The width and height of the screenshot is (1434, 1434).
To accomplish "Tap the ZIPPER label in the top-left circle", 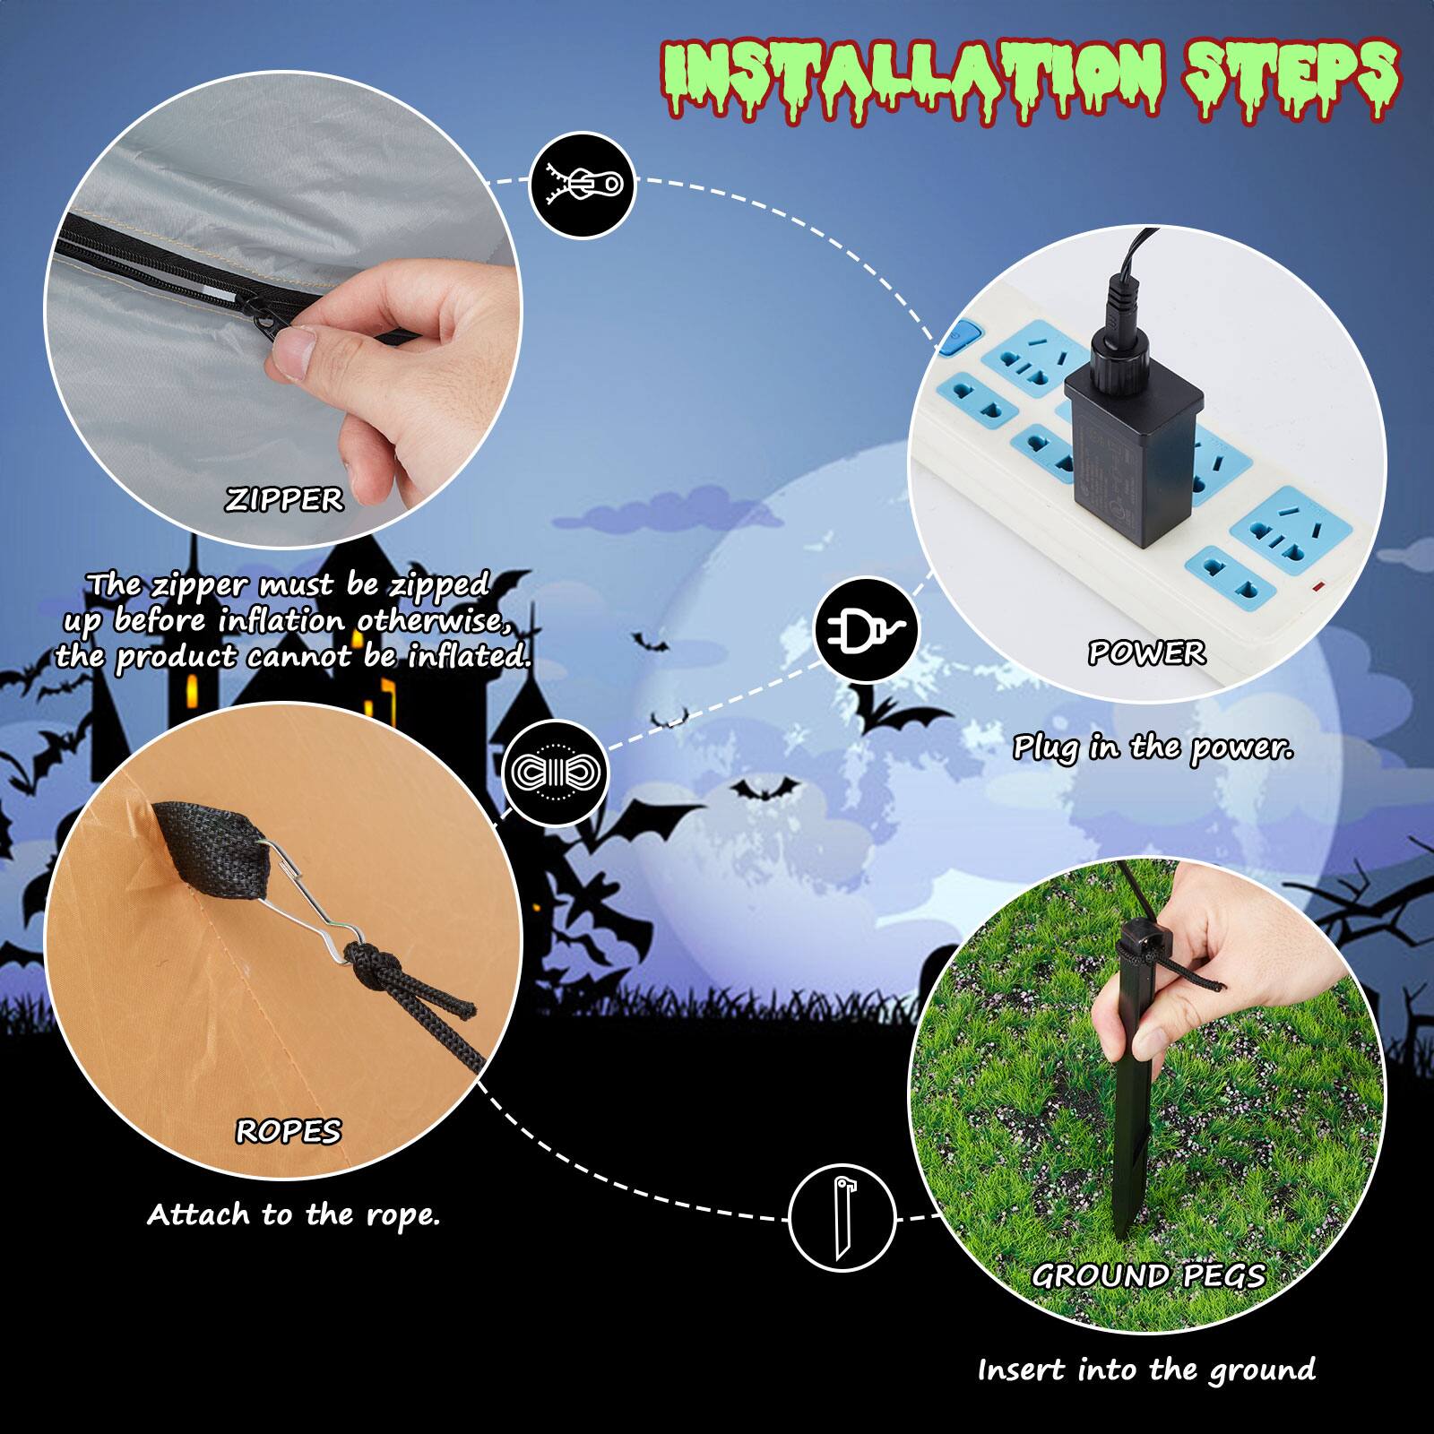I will (283, 499).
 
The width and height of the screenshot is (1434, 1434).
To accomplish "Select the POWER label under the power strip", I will (1146, 653).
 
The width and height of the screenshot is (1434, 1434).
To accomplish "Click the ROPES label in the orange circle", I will (288, 1132).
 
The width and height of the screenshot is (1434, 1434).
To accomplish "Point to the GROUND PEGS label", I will (1148, 1275).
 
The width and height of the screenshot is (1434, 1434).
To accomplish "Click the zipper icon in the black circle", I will (583, 185).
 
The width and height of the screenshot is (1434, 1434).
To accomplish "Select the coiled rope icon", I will (555, 772).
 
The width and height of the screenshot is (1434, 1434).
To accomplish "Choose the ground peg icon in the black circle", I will (842, 1216).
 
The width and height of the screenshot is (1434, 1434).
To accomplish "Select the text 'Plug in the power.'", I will (1153, 747).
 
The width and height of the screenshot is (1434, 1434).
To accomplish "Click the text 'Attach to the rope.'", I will (294, 1215).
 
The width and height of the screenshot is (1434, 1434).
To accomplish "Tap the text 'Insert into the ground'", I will (1146, 1370).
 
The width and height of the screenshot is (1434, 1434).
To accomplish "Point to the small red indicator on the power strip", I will (1318, 589).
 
